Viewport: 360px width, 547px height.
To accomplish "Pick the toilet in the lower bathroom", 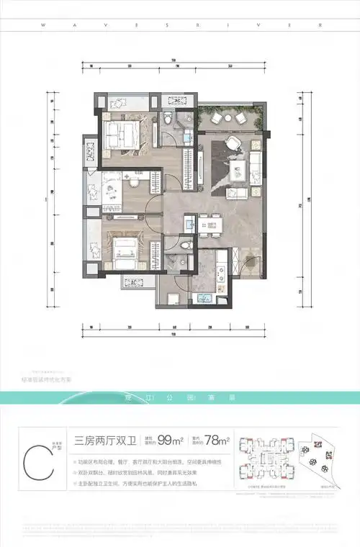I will click(x=186, y=247).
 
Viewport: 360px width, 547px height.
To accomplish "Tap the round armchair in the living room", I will click(x=232, y=143).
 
